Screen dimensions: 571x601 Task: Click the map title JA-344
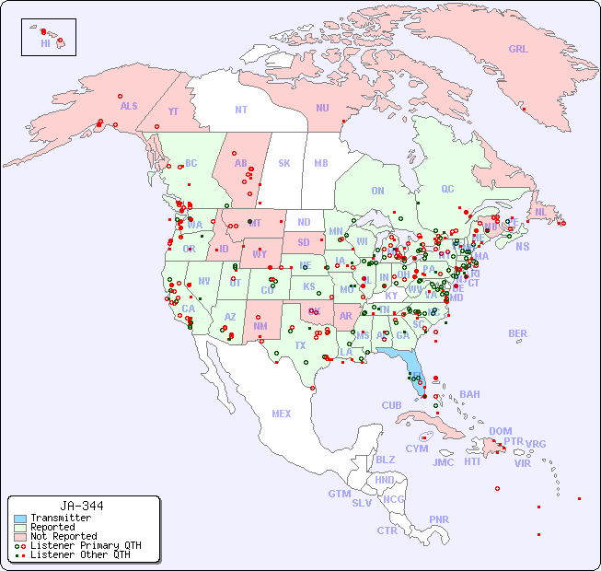coord(82,506)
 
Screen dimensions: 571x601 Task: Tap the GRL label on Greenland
coord(518,49)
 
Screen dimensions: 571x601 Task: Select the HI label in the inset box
coord(45,43)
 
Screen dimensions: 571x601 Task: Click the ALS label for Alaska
coord(129,106)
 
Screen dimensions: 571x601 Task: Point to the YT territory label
coord(173,111)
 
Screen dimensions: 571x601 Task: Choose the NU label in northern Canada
coord(322,108)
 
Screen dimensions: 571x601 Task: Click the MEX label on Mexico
coord(282,414)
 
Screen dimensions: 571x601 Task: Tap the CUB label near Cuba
coord(391,405)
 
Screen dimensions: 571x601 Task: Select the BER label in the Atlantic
coord(518,333)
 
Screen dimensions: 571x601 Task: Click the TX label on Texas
coord(300,345)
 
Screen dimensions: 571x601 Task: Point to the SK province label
coord(284,163)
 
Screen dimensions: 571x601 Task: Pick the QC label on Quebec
coord(447,189)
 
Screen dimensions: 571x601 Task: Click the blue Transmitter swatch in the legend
coord(19,519)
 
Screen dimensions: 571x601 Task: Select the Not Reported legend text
coord(64,536)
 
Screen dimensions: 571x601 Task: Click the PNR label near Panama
coord(439,519)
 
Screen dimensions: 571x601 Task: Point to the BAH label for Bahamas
coord(469,394)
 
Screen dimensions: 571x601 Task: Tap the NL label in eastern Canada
coord(541,211)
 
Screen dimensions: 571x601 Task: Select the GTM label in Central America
coord(339,494)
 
